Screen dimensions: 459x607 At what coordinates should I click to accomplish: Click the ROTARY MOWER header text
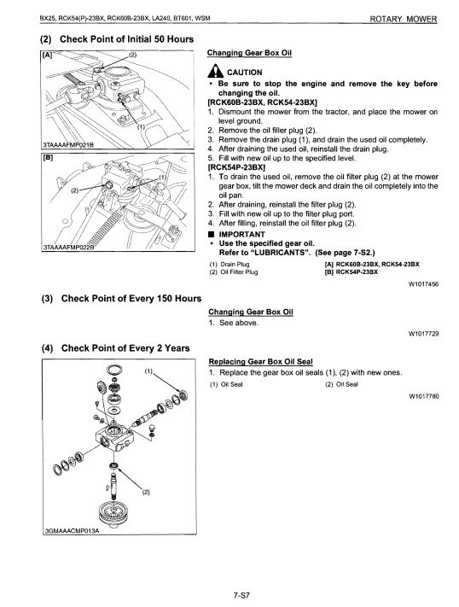click(x=404, y=19)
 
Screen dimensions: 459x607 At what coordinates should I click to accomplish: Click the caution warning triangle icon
click(x=215, y=71)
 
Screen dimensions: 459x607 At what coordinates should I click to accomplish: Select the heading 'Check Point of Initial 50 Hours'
click(x=126, y=39)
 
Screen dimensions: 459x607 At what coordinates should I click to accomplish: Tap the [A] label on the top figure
click(x=47, y=55)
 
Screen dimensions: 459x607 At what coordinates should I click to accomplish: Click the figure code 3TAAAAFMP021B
click(x=67, y=145)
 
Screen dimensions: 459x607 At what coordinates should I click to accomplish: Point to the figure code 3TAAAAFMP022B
click(x=68, y=248)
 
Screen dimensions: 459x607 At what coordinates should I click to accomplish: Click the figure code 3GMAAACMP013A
click(x=72, y=531)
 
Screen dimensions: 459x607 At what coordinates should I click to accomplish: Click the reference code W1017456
click(x=423, y=284)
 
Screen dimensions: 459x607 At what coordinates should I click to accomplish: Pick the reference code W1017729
click(x=424, y=334)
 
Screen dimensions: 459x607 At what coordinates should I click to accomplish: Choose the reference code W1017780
click(x=424, y=396)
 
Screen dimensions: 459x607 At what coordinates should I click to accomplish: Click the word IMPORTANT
click(x=242, y=234)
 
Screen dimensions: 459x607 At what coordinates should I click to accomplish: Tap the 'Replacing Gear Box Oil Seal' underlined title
click(x=260, y=362)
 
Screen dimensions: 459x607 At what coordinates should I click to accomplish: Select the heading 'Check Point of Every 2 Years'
click(x=125, y=348)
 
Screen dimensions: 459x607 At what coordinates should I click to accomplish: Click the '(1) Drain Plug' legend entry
click(x=229, y=265)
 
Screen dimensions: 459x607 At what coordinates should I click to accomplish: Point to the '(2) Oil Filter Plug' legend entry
click(x=234, y=271)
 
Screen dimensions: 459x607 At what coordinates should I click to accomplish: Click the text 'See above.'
click(x=238, y=323)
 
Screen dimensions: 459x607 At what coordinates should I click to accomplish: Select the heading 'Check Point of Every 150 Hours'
click(x=131, y=299)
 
